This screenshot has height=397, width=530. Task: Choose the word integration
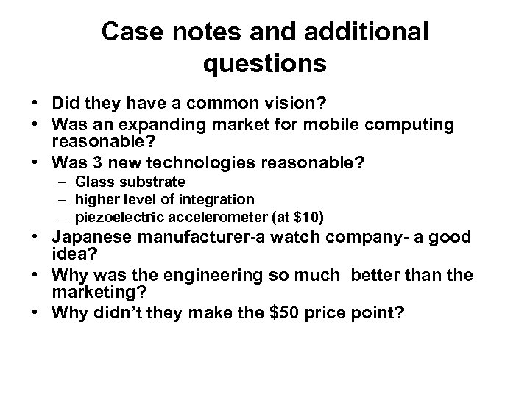(x=214, y=198)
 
